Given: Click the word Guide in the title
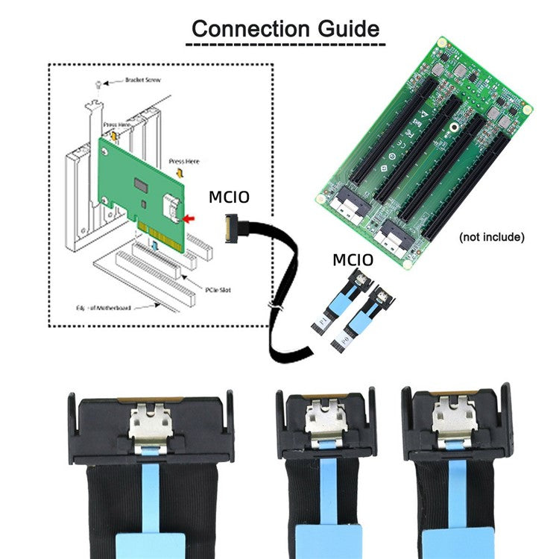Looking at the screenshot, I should click(x=344, y=29).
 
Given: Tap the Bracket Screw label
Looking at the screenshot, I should click(x=126, y=79).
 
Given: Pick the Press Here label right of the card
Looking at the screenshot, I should click(x=183, y=160).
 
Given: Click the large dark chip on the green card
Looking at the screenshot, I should click(x=140, y=183).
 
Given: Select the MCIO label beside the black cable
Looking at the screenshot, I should click(x=228, y=198).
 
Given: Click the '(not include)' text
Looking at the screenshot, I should click(x=491, y=237).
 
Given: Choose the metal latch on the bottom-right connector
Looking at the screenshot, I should click(x=455, y=417).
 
